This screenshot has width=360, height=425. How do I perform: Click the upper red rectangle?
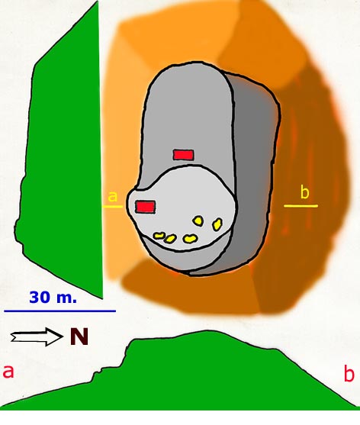(x=183, y=155)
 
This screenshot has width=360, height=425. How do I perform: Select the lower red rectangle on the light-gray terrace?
(x=145, y=207)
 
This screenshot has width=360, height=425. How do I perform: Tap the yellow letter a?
(x=113, y=196)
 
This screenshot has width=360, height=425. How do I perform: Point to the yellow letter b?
(x=304, y=192)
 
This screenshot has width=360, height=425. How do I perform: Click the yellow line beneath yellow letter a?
(x=112, y=207)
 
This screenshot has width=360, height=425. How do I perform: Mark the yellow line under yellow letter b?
(x=301, y=206)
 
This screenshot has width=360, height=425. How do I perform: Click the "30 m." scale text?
(x=53, y=297)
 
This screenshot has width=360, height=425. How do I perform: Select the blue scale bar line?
(x=59, y=311)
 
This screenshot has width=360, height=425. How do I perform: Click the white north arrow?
(x=37, y=337)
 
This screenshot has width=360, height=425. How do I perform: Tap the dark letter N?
(x=79, y=336)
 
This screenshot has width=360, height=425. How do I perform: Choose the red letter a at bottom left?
(x=8, y=372)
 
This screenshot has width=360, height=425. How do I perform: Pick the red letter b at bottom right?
(x=349, y=374)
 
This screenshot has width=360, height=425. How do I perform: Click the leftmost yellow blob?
(x=159, y=235)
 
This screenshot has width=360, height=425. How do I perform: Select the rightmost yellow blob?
(x=217, y=224)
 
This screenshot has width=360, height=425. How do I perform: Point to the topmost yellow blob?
(x=198, y=221)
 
